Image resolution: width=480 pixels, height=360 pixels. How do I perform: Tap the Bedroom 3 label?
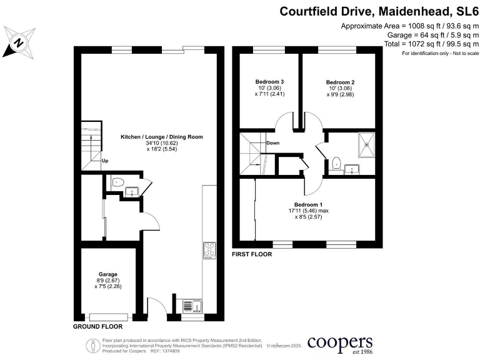[270, 82]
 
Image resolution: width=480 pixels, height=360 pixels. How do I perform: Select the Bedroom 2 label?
[340, 82]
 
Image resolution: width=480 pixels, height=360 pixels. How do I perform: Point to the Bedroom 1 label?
[309, 204]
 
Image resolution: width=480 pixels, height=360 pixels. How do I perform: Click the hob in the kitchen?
[209, 250]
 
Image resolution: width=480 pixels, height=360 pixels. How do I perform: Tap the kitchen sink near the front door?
[191, 306]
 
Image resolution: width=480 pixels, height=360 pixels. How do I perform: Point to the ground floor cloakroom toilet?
[117, 182]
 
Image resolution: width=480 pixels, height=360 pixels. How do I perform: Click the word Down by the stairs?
[272, 143]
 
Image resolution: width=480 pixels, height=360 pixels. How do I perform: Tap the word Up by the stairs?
[105, 161]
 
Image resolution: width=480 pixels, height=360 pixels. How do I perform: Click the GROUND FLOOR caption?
[97, 326]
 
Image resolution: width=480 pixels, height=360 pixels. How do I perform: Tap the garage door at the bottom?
[110, 316]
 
